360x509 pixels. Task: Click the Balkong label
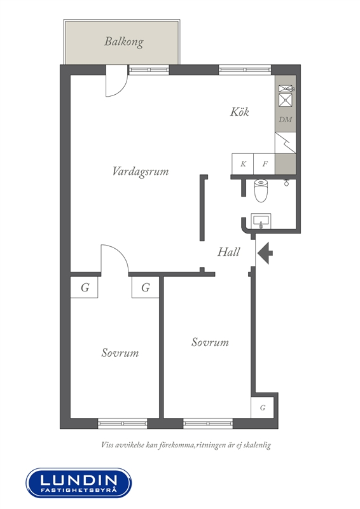pos(123,42)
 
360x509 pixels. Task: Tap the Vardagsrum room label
pos(141,171)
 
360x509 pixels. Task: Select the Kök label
pos(240,112)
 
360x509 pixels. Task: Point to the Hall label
pos(228,252)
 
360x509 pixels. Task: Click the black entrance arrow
pos(265,253)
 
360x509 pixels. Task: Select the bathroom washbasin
pos(261,221)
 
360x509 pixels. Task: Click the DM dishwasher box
pos(286,120)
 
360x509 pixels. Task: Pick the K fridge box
pos(242,164)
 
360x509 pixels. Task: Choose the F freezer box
pos(264,164)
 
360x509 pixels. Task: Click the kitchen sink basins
pos(286,96)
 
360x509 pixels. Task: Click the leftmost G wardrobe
pos(84,288)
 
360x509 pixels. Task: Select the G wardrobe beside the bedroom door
pos(146,288)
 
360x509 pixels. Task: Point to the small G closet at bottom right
pos(262,407)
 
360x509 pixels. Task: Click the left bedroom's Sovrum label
pos(120,353)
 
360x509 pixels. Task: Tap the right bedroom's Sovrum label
pos(210,342)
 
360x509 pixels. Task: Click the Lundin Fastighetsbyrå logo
pos(79,483)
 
